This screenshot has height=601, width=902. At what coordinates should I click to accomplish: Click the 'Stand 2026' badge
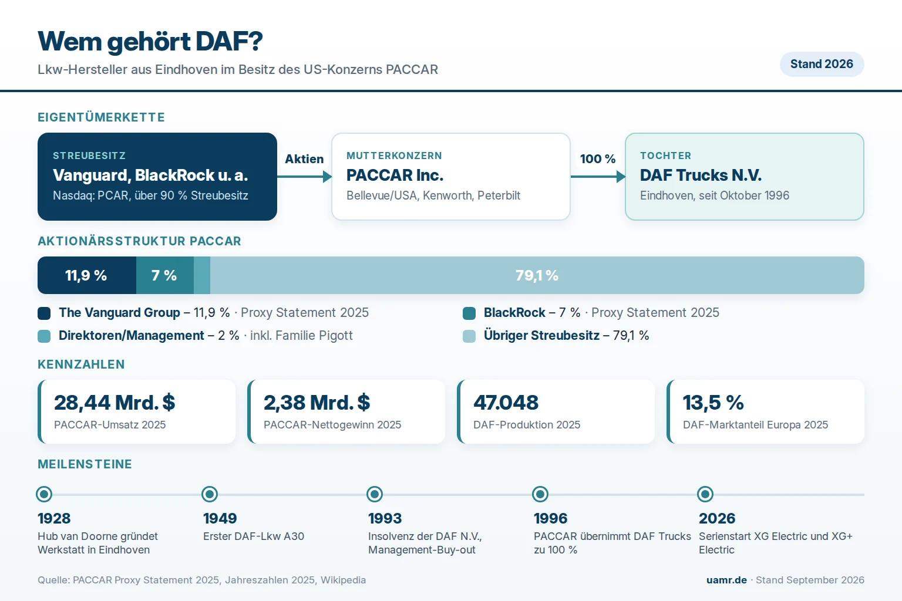[822, 64]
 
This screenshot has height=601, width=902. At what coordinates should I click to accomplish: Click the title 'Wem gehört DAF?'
[150, 42]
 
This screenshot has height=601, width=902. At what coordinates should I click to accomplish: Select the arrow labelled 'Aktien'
[304, 176]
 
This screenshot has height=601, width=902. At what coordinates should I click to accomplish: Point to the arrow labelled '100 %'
[598, 176]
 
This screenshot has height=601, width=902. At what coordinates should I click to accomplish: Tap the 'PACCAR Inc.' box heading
[395, 175]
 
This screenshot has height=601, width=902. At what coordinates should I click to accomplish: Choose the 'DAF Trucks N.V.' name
[701, 175]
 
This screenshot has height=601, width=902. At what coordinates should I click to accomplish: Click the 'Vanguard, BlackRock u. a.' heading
[150, 175]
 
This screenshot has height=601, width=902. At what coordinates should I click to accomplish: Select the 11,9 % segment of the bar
[87, 275]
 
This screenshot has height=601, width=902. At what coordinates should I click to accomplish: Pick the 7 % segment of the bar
[164, 275]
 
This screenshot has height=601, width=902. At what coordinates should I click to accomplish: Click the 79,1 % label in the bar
[537, 275]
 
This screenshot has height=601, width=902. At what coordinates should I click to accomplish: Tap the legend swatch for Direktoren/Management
[44, 336]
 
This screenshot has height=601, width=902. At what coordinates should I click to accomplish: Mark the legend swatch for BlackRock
[469, 313]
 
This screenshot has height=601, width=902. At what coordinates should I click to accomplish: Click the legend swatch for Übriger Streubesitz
[469, 336]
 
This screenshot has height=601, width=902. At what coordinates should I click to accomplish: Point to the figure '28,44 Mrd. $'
[115, 402]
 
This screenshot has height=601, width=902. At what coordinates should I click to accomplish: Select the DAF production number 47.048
[506, 402]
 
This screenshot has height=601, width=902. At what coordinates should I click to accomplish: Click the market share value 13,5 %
[713, 402]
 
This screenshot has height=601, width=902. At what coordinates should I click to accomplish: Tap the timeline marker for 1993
[375, 494]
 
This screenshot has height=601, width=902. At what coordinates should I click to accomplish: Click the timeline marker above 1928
[44, 494]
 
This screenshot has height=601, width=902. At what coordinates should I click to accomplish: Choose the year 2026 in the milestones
[717, 518]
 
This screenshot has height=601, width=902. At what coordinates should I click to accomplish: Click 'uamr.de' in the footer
[726, 580]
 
